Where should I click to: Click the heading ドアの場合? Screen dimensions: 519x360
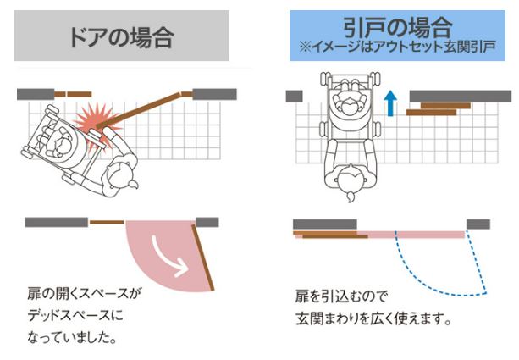click(121, 36)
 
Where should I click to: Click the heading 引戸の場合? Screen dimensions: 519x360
click(398, 26)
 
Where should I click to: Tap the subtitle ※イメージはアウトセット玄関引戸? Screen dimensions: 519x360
click(398, 47)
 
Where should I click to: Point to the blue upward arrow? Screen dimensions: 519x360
click(391, 103)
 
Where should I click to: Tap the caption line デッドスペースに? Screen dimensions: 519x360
click(75, 315)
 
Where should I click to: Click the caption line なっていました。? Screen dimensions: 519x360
click(72, 337)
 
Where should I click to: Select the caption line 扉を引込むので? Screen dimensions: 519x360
click(341, 296)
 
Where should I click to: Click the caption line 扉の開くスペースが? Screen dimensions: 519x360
click(85, 293)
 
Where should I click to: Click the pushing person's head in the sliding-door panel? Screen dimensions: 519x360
click(351, 180)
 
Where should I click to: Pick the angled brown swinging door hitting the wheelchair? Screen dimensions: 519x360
click(139, 110)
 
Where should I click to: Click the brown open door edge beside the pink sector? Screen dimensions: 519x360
click(203, 258)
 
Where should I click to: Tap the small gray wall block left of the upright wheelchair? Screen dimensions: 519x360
click(295, 96)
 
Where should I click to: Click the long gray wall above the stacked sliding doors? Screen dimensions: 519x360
click(461, 96)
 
